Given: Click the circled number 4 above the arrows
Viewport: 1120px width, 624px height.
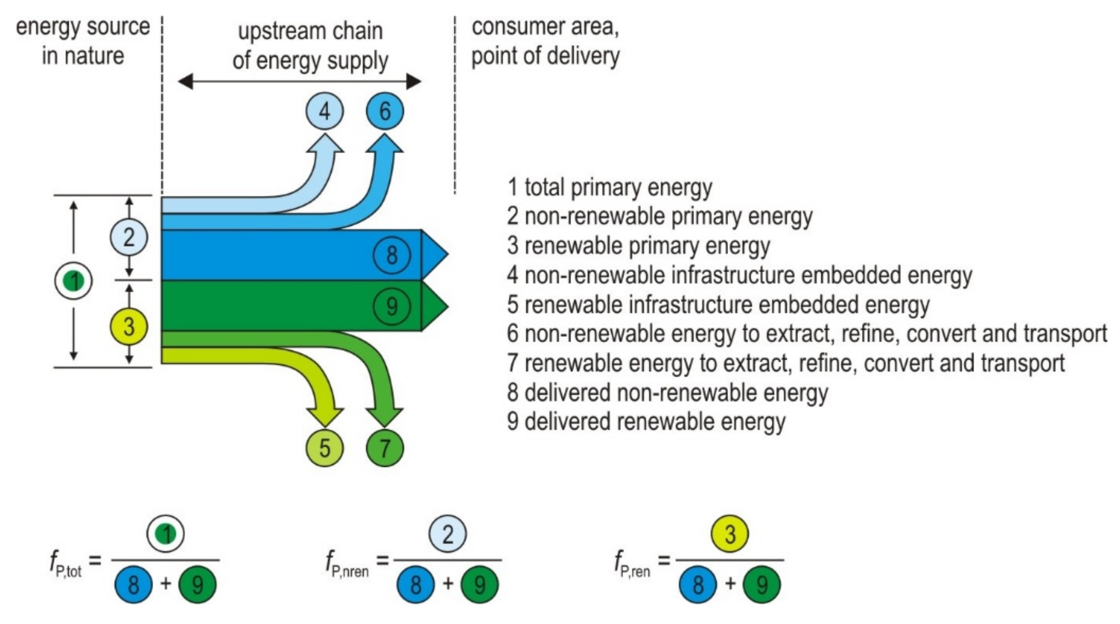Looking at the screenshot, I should [x=324, y=111].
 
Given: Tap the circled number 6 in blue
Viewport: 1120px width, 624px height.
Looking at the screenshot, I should [x=385, y=111].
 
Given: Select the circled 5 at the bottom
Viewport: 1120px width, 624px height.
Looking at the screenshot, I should [x=324, y=448].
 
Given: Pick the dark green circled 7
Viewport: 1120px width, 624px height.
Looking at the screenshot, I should [x=385, y=448].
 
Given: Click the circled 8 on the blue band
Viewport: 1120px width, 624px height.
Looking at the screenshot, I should [x=392, y=254].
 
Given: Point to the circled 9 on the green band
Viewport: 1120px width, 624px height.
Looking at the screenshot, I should [x=392, y=306].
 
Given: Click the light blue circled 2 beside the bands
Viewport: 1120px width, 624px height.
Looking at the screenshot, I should [x=129, y=237].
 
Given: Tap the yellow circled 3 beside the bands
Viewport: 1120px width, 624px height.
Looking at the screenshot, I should [x=129, y=326].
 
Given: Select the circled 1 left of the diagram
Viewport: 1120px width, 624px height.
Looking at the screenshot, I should [x=74, y=281].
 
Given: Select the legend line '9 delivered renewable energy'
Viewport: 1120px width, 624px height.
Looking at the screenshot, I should [x=646, y=422].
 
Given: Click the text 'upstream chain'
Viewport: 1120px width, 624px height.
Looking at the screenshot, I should [x=311, y=31].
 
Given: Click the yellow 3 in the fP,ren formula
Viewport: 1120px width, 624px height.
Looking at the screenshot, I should [x=730, y=533].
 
